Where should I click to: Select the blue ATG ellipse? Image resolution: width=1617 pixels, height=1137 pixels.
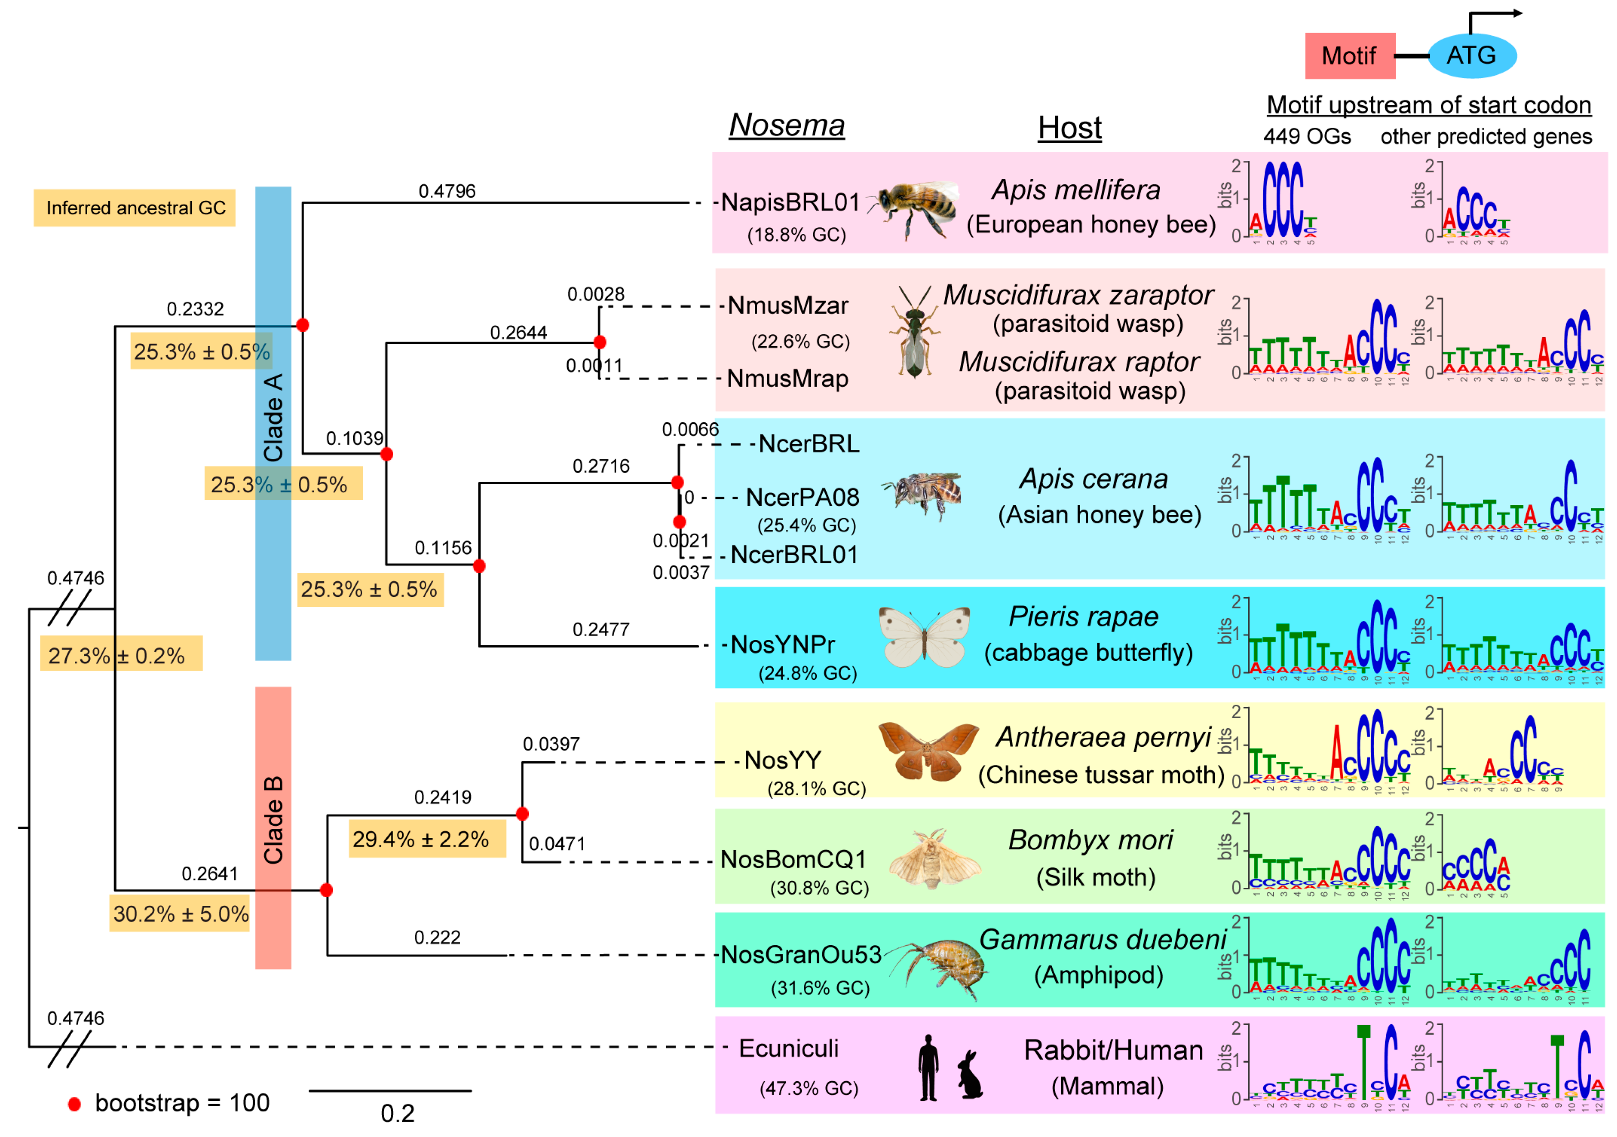(x=1472, y=56)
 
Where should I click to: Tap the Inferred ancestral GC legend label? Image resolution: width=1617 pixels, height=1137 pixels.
(x=135, y=208)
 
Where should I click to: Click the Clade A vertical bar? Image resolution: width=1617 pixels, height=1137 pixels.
(x=273, y=422)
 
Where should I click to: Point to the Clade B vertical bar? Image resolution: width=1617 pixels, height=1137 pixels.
(x=273, y=827)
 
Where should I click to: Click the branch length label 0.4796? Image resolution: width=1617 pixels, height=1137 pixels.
(x=447, y=191)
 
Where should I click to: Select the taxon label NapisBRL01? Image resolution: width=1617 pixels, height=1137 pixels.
(x=790, y=203)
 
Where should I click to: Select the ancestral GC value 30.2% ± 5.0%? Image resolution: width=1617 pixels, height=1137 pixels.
(x=180, y=914)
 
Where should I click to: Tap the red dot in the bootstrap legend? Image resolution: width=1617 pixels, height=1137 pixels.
(x=74, y=1104)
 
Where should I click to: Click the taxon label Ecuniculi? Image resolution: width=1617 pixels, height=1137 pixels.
(x=789, y=1048)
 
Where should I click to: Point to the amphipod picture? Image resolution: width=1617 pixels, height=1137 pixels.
(x=939, y=968)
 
